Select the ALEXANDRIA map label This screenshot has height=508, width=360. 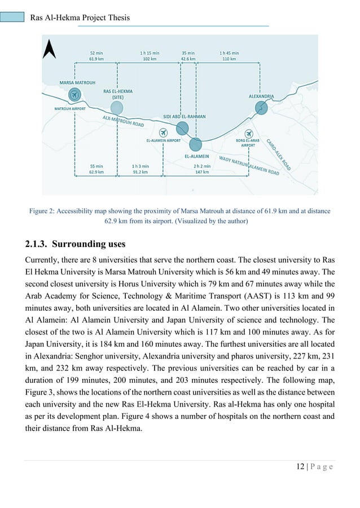[261, 96]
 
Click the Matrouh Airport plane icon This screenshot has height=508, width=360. [74, 95]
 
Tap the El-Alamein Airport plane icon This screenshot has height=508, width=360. [164, 132]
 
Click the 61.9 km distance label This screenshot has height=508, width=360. [96, 58]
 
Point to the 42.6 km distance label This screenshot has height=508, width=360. [188, 58]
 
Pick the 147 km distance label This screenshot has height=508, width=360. [201, 172]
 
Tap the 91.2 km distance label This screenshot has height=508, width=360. [141, 172]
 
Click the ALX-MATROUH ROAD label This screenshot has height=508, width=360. [123, 121]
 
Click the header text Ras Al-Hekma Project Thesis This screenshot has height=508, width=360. [80, 17]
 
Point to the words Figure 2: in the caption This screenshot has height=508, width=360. [45, 211]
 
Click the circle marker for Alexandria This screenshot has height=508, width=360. [261, 107]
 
